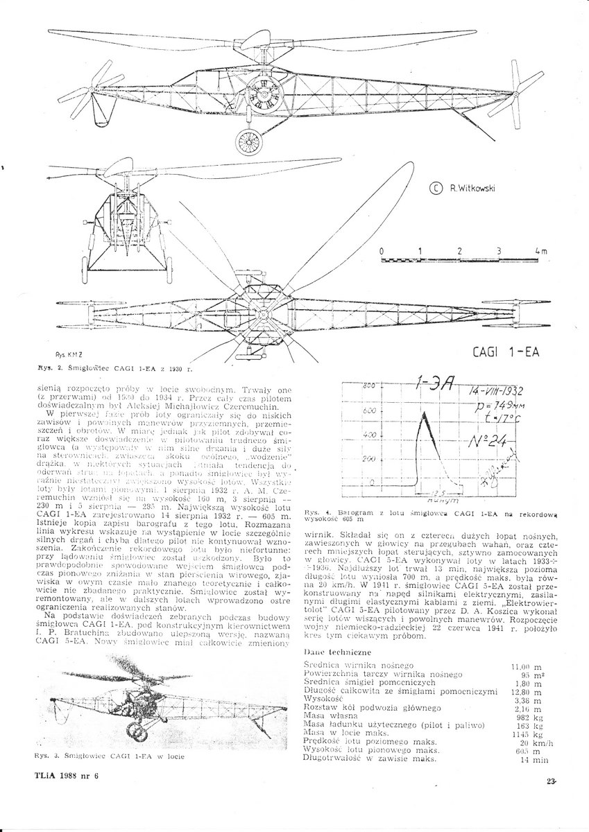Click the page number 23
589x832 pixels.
click(551, 781)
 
